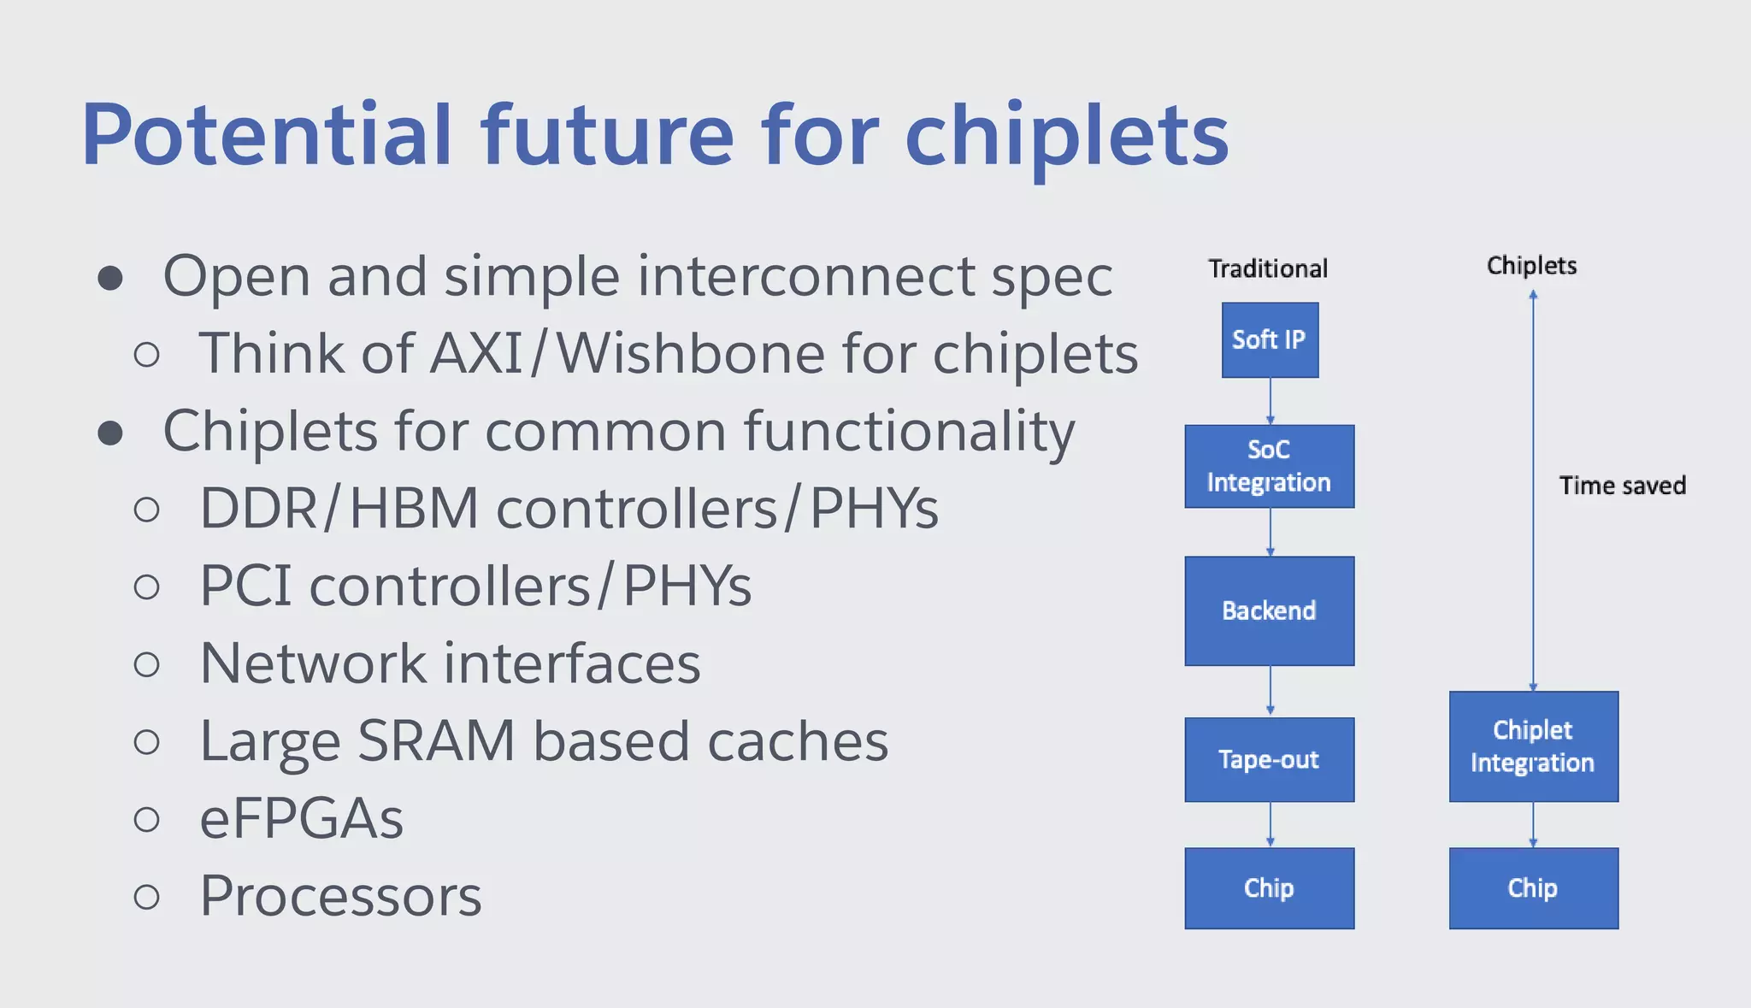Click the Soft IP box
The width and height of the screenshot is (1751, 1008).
[1270, 340]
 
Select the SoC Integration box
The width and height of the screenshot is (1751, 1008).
[1270, 467]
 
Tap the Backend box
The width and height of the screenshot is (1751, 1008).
[1270, 611]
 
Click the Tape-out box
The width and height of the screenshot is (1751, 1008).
[1270, 760]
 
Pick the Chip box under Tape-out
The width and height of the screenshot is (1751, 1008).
[1270, 888]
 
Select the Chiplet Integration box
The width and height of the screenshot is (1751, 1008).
[1533, 746]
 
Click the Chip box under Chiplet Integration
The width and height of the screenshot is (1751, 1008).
[1533, 888]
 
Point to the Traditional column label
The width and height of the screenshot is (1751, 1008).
[1268, 268]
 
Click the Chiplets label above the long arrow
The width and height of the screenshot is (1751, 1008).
[1531, 265]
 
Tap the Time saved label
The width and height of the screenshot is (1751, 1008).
[1622, 486]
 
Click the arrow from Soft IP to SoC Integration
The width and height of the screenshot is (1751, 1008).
[1271, 401]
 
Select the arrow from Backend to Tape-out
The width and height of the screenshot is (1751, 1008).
[1271, 691]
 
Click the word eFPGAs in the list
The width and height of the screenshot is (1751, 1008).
[301, 819]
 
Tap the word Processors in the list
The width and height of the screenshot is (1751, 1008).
[340, 897]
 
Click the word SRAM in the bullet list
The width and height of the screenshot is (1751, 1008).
[436, 740]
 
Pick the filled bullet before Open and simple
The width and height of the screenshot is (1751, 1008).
[110, 278]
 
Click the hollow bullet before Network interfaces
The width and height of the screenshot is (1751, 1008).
[147, 665]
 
